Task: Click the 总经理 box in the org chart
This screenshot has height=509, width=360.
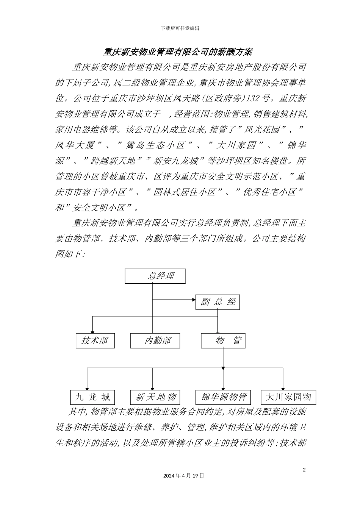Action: pos(155,276)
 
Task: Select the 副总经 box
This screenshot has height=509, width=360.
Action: pos(218,302)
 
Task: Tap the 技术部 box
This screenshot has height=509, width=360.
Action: pos(94,340)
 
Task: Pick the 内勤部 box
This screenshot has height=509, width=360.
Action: pos(155,340)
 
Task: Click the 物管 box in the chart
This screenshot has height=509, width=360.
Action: pos(223,340)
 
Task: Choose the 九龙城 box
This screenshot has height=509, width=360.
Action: pos(93,397)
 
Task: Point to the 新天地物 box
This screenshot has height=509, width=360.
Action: pos(155,397)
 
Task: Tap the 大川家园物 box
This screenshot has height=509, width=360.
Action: pos(288,397)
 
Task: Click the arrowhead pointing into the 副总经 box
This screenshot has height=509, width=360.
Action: pos(193,300)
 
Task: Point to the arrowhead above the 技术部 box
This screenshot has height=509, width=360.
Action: pos(93,331)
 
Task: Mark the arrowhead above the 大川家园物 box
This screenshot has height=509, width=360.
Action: pos(283,387)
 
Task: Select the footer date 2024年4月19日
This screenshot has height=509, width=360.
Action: pos(184,475)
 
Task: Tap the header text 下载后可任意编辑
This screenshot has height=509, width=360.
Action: pos(180,28)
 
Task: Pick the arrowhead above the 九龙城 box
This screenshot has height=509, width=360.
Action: pos(87,387)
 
